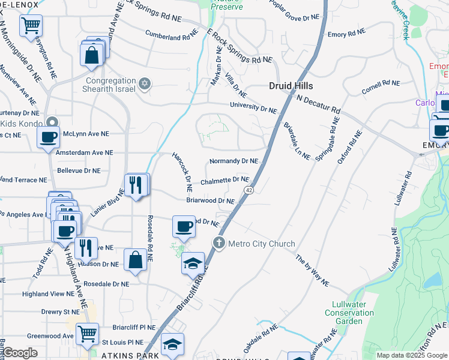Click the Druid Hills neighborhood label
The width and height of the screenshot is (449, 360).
click(291, 86)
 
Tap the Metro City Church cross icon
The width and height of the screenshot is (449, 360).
click(219, 243)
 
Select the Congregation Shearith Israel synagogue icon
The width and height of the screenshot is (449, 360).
click(145, 83)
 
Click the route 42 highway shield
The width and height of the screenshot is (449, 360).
click(248, 190)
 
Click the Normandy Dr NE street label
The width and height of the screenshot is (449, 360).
click(234, 161)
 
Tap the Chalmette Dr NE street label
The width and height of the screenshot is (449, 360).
click(224, 179)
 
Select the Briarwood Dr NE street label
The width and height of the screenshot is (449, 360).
click(210, 200)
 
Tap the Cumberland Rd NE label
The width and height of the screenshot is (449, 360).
click(171, 37)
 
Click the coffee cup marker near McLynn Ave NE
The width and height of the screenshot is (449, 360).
click(48, 137)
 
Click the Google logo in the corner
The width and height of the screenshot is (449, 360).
click(20, 353)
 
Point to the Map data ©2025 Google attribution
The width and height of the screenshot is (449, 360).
click(411, 355)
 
